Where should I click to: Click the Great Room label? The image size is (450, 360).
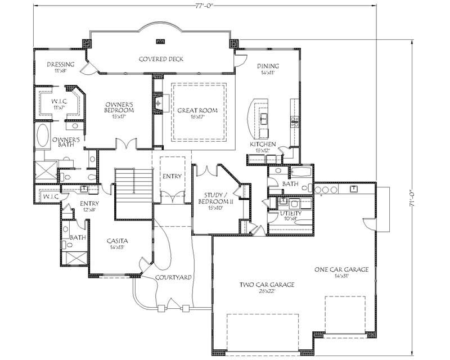[x=197, y=111]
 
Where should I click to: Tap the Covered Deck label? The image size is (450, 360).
[x=161, y=59]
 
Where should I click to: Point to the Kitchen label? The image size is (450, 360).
[x=263, y=145]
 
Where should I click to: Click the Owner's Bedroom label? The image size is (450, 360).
[x=120, y=107]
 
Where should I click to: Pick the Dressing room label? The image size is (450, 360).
[x=57, y=65]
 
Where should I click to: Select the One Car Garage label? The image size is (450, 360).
[x=341, y=270]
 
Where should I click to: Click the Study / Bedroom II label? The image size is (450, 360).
[x=216, y=198]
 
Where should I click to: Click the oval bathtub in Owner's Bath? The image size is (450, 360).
[x=42, y=137]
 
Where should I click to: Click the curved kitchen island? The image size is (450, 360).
[x=259, y=118]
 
